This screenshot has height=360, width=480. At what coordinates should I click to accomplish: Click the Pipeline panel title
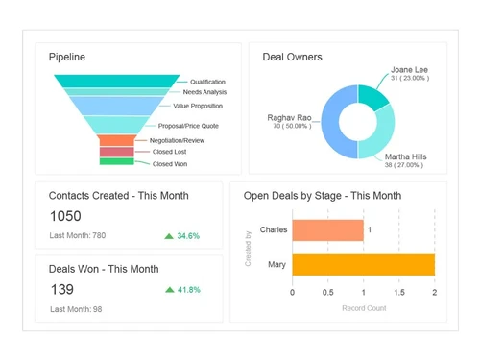[x=67, y=57]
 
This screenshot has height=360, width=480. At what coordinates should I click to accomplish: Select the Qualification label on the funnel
[x=207, y=82]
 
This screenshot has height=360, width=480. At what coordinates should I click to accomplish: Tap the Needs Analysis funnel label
[x=204, y=92]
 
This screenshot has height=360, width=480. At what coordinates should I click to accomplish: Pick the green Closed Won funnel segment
[x=116, y=161]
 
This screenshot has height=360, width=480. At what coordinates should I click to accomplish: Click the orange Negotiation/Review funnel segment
[x=116, y=140]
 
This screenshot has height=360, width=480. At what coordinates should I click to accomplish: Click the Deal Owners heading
[x=292, y=57]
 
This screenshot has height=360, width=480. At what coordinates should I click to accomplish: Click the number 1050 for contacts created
[x=65, y=216]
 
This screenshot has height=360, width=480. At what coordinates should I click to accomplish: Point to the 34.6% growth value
[x=188, y=235]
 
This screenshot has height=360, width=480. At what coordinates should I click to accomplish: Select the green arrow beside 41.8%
[x=170, y=289]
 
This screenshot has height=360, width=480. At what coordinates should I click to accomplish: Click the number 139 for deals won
[x=60, y=289]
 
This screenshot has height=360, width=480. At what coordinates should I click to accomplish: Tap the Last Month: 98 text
[x=77, y=308]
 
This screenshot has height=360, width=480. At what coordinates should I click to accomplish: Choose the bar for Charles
[x=327, y=230]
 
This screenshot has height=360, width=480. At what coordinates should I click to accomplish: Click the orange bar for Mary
[x=363, y=265]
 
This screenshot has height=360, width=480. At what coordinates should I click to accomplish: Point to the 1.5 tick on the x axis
[x=398, y=293]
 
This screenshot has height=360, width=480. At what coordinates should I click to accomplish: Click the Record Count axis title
[x=363, y=308]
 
